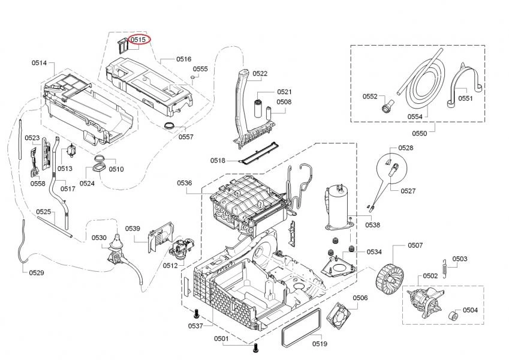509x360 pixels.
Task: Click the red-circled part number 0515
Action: pos(139,39)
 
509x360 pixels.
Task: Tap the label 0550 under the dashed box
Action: pos(420,133)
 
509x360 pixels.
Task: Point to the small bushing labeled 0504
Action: pos(453,315)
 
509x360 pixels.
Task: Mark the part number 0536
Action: pos(184,183)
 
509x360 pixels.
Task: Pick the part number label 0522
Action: pos(260,74)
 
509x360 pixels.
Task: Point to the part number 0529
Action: pos(36,273)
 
